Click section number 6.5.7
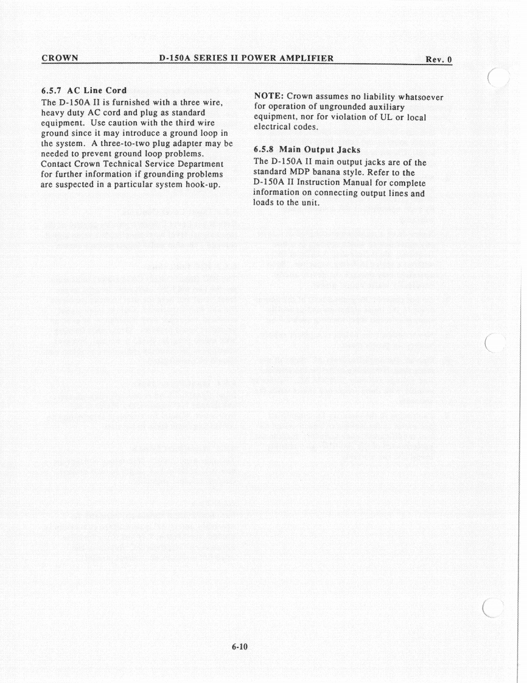coord(55,91)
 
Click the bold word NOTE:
coord(268,96)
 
